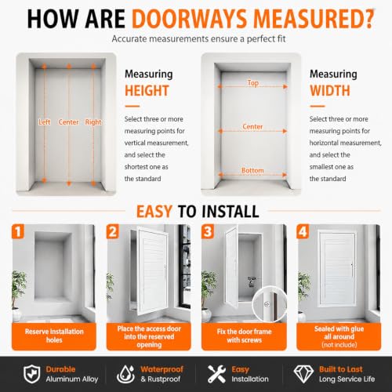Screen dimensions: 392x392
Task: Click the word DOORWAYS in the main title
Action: pos(191,19)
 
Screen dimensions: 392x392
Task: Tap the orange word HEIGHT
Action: pos(147,91)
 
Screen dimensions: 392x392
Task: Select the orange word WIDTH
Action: pos(330,91)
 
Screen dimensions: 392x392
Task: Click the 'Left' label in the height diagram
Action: pos(45,122)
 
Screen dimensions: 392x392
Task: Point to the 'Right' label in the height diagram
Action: pos(93,122)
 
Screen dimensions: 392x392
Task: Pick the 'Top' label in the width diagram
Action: pos(253,83)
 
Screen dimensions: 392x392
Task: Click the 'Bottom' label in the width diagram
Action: pos(252,170)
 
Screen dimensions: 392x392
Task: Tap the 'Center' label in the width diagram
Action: pos(252,126)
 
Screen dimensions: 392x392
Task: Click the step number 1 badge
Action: pos(18,231)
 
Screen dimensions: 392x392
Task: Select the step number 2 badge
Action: pos(113,231)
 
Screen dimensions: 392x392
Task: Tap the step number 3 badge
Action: pos(208,231)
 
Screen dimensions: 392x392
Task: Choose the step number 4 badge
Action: pos(303,231)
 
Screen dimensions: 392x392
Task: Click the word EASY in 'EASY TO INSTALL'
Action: pos(154,212)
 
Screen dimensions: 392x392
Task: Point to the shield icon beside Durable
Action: pos(32,374)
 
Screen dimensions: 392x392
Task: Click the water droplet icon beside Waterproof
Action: pos(125,374)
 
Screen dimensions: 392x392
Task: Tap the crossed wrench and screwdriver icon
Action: pos(216,374)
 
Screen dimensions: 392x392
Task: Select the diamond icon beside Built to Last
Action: pos(303,374)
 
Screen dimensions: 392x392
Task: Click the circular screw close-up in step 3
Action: pos(270,304)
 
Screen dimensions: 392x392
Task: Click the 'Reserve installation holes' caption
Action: pos(54,336)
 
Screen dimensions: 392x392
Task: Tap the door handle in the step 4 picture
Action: pos(352,270)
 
